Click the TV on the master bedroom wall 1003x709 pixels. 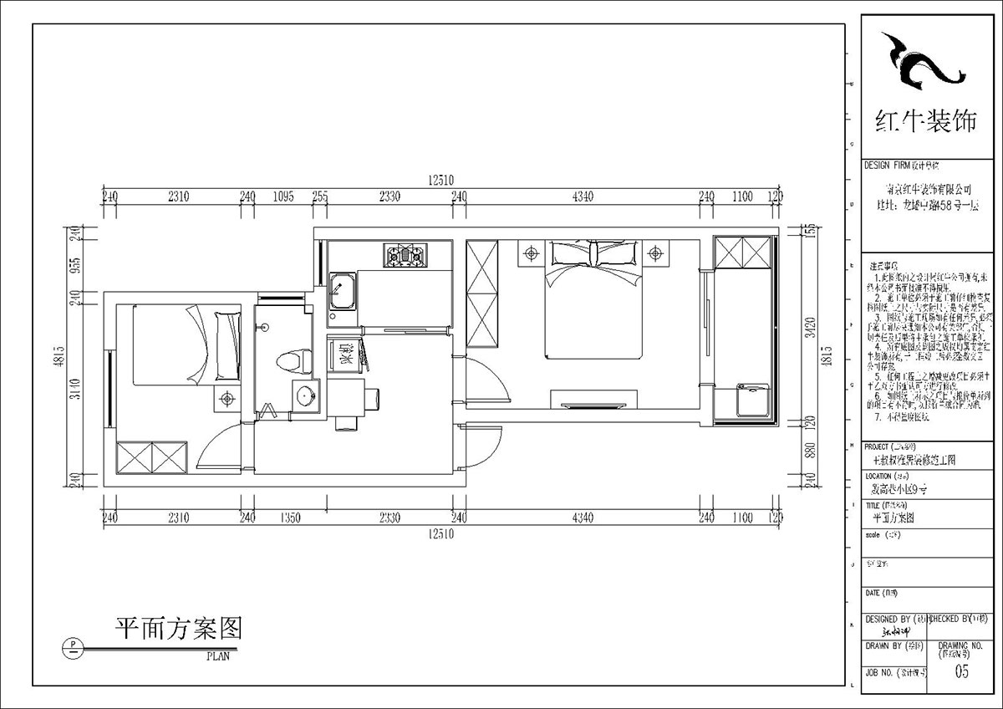coord(593,406)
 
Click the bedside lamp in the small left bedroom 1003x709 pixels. coord(227,400)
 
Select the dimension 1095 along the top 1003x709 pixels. coord(284,197)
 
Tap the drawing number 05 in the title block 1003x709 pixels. coord(962,671)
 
